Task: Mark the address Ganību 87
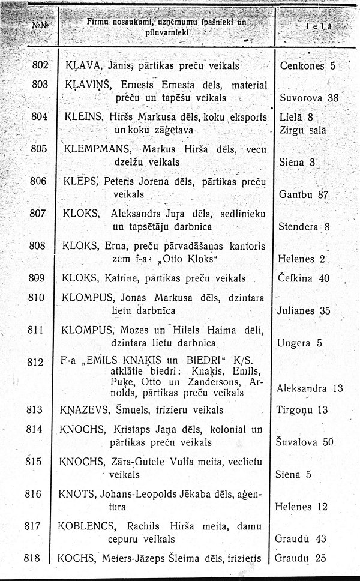[305, 194]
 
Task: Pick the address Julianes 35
[304, 311]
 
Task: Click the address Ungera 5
[300, 343]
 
